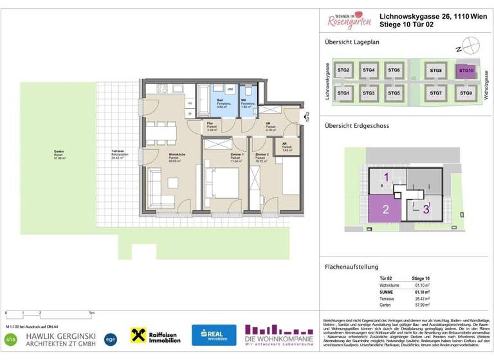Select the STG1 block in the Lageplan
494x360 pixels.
(343, 94)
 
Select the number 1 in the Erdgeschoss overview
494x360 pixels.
(386, 176)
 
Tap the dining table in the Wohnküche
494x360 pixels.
(161, 132)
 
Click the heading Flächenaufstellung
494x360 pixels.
(351, 267)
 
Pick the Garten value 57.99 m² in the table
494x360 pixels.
(421, 304)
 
